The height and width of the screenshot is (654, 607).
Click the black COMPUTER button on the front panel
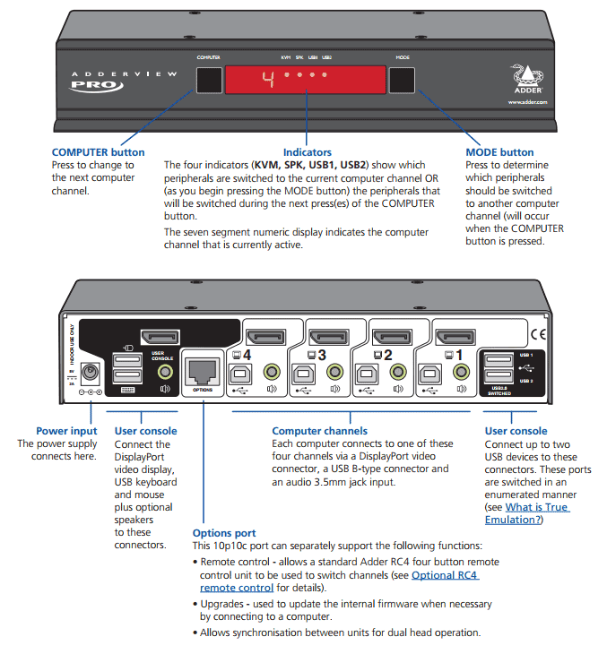[209, 81]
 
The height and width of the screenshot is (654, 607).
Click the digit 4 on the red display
[266, 79]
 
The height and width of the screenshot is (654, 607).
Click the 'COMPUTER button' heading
[98, 152]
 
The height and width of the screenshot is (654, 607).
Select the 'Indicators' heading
[308, 152]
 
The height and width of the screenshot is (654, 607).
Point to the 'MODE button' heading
[499, 152]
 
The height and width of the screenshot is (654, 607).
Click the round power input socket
[90, 372]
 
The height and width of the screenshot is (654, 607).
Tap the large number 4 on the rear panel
[247, 356]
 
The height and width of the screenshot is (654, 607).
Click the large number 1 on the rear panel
[459, 356]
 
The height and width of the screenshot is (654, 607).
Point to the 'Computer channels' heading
[319, 431]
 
